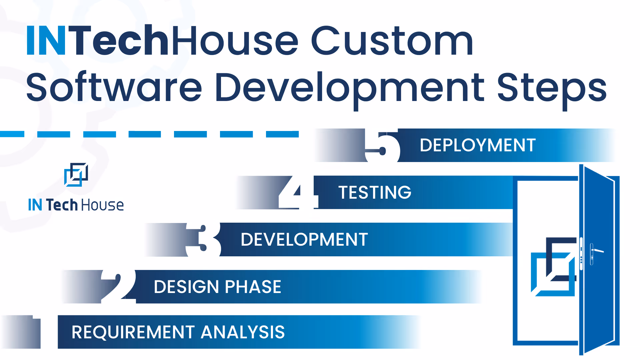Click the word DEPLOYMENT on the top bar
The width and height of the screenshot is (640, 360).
[477, 145]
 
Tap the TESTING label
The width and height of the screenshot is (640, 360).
[375, 193]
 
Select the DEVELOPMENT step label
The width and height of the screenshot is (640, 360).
[304, 240]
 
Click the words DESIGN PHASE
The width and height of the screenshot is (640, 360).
[217, 287]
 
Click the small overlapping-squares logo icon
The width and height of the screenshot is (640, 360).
[76, 175]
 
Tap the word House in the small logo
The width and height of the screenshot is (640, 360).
[102, 205]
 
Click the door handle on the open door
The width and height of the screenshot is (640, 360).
[597, 251]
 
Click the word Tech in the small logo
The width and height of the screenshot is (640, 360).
[62, 205]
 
